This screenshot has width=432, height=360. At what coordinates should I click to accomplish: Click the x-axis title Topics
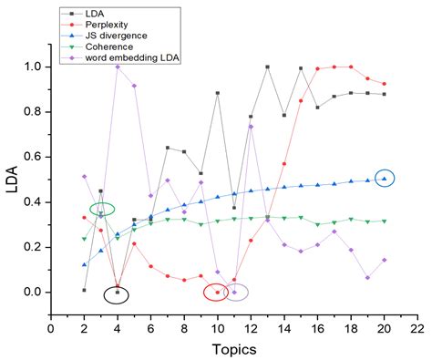tap(234, 348)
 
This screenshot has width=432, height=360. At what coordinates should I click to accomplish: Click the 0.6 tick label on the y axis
tap(32, 157)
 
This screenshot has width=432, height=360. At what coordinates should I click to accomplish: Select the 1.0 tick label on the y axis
tap(32, 67)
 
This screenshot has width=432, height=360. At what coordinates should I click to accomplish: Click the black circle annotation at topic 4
tap(117, 293)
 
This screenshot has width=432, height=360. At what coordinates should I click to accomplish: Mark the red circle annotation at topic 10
tap(216, 293)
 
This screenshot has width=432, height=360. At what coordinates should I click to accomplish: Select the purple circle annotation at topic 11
tap(235, 293)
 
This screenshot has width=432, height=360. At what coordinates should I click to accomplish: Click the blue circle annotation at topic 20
tap(385, 179)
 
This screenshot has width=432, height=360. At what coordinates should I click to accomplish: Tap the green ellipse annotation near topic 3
tap(102, 209)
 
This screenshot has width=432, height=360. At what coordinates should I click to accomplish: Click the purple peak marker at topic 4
tap(117, 67)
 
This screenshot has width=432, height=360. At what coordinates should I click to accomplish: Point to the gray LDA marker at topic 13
tap(267, 67)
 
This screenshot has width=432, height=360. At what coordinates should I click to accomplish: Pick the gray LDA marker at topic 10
tap(217, 93)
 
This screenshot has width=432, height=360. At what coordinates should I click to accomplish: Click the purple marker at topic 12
tap(251, 126)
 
